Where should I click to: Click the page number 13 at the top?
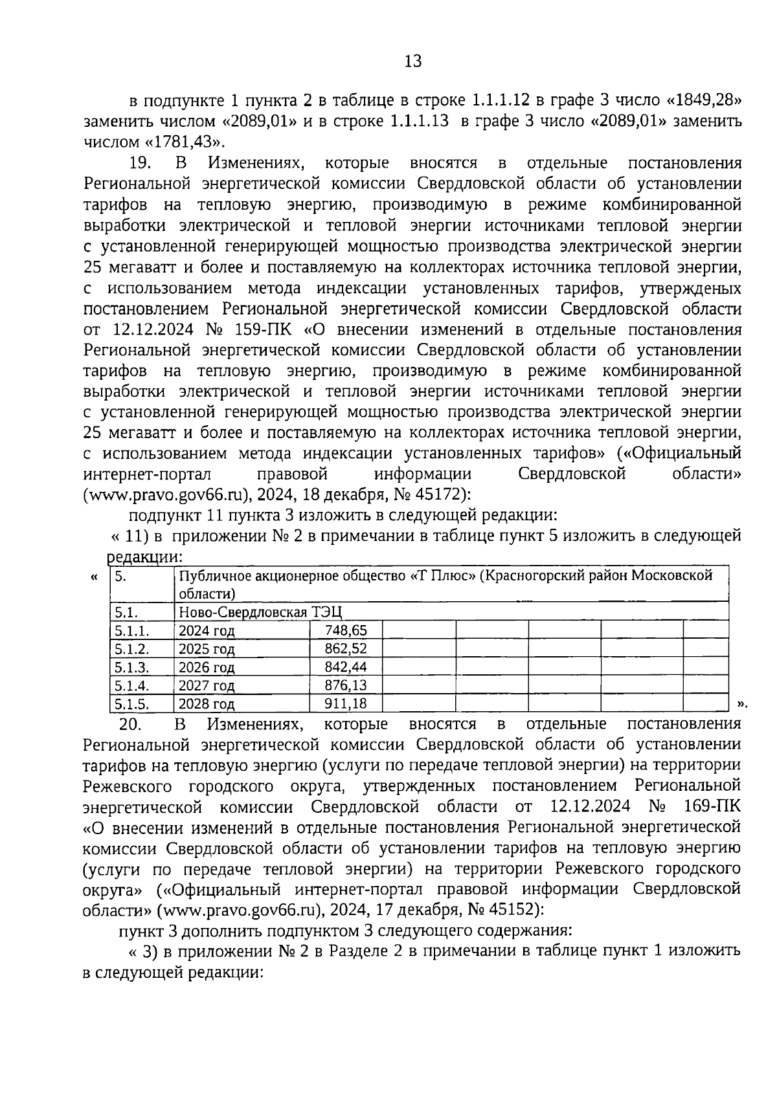(412, 61)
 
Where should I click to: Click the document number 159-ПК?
(265, 329)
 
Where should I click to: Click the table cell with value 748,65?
(346, 630)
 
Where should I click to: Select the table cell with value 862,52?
(346, 648)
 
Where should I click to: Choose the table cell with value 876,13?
(346, 685)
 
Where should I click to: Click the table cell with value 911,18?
(346, 703)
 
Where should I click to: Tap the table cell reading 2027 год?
(207, 685)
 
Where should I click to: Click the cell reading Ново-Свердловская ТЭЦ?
(260, 612)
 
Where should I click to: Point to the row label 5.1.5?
(131, 703)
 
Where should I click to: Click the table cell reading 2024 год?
(207, 630)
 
